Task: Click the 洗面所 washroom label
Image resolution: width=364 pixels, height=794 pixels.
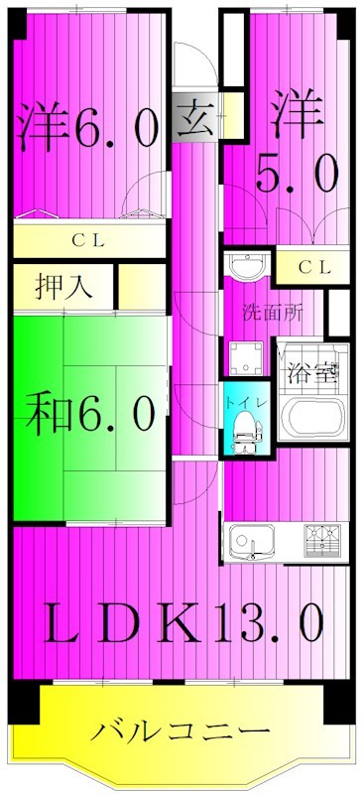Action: [273, 310]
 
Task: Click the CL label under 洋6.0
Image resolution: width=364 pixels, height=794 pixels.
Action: [89, 239]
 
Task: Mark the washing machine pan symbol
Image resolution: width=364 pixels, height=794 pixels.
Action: [244, 358]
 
